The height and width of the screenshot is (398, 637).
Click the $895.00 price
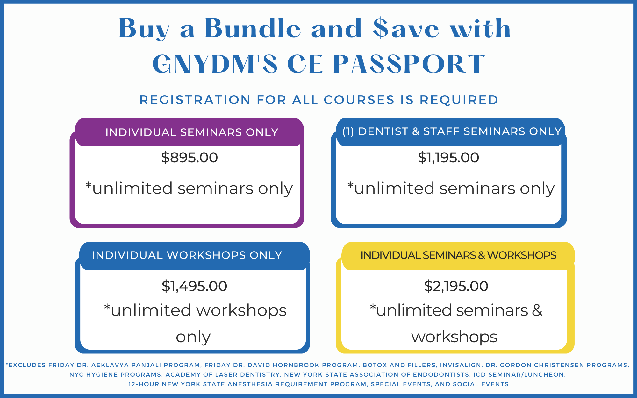190,158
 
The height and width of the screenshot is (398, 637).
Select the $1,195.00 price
448,158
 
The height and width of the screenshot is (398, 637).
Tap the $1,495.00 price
194,286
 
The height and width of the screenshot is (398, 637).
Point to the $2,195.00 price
456,286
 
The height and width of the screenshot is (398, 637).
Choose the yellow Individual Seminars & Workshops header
458,256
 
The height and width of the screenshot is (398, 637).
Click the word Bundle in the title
253,28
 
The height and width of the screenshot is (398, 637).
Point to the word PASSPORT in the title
409,64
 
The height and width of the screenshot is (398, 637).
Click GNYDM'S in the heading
215,64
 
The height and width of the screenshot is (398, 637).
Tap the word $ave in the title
406,28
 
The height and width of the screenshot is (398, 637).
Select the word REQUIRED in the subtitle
459,100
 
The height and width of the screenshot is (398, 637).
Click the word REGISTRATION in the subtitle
195,100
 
